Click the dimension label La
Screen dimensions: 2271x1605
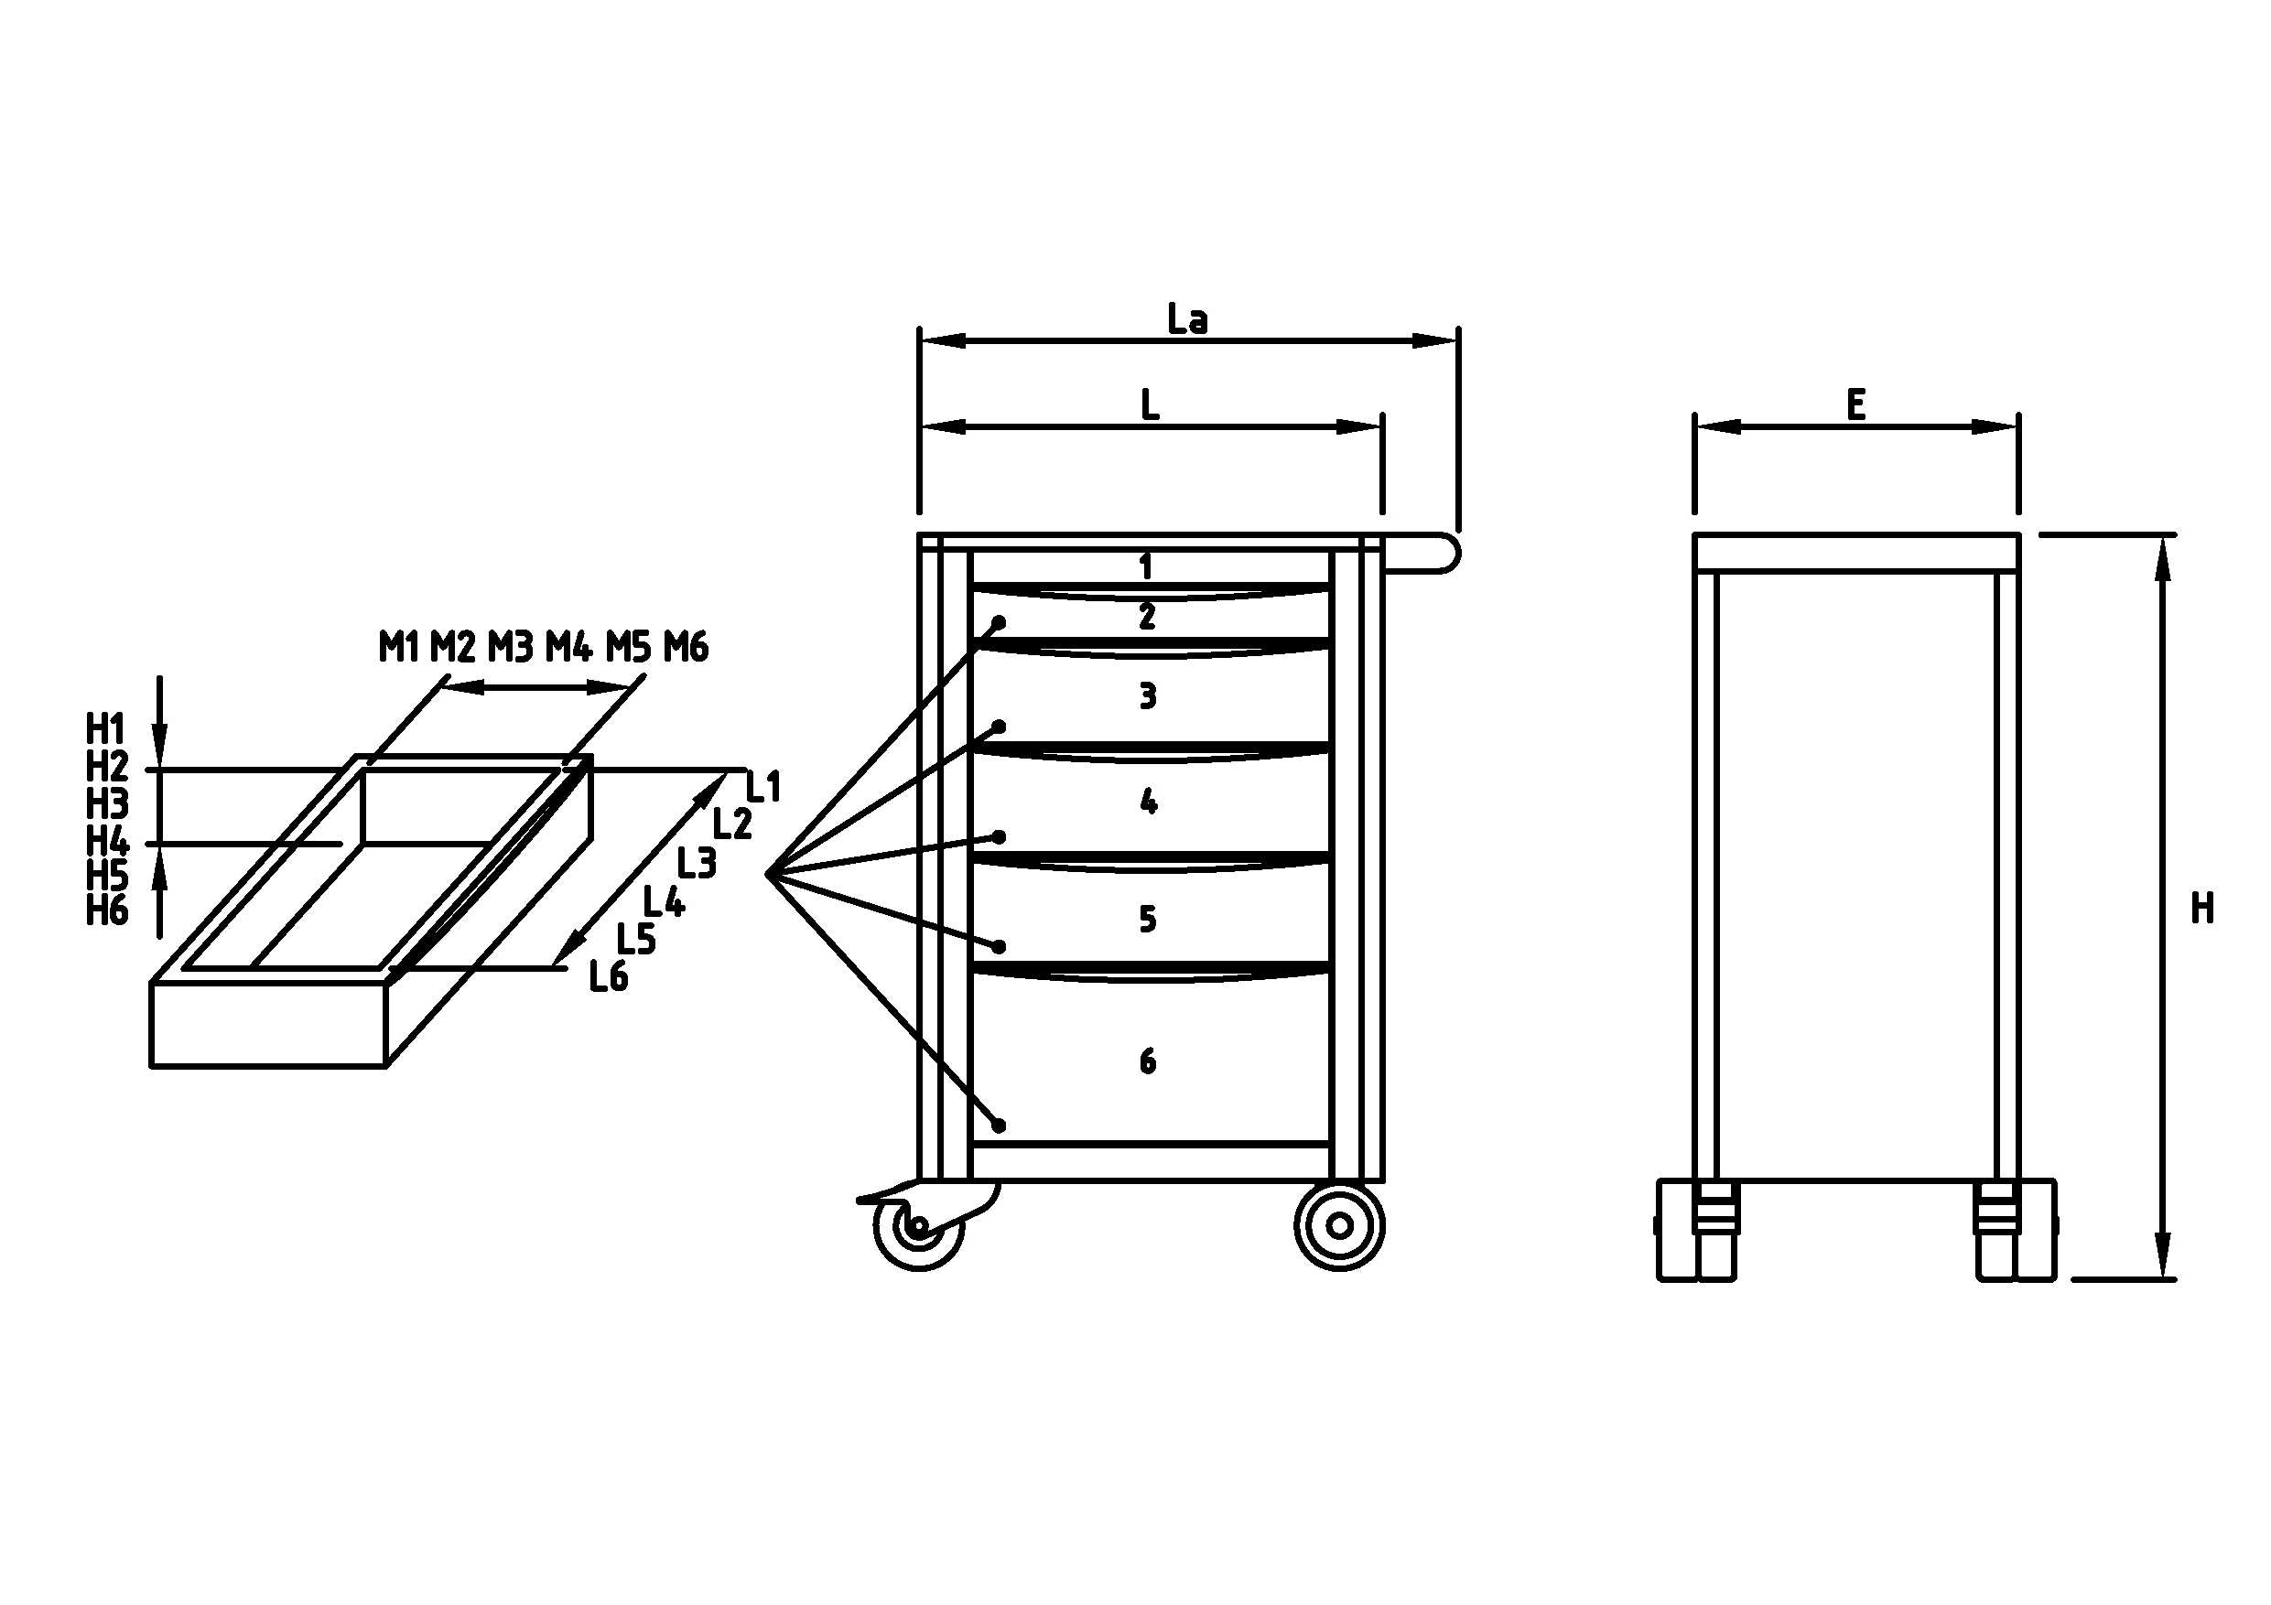1187,319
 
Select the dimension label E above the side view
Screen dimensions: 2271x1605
1855,405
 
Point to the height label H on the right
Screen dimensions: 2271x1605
2202,908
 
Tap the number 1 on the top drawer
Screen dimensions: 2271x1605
1145,566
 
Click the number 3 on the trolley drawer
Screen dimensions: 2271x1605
1147,696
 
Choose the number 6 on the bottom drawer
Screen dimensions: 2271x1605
1147,1061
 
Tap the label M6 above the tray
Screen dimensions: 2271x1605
686,647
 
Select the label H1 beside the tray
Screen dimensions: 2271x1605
106,730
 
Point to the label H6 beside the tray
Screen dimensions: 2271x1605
107,910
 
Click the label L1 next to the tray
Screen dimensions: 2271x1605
763,787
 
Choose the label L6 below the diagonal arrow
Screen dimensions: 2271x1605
609,977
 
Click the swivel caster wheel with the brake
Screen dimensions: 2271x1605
918,1226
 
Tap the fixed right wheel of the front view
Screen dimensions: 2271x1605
1339,1226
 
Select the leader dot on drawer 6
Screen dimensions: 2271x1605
999,1126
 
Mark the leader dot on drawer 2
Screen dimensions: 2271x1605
999,623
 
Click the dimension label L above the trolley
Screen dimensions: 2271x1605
1150,405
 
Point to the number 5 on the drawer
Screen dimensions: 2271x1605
1147,919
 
